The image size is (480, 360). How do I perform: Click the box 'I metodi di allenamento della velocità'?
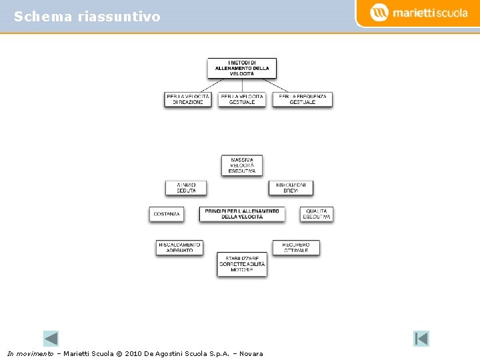(x=242, y=68)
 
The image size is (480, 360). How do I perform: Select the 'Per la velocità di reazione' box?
(x=187, y=99)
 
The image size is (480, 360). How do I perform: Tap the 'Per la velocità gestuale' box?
(x=242, y=99)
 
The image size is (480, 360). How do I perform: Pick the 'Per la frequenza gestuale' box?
(x=303, y=99)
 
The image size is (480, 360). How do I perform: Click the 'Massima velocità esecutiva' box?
(x=242, y=165)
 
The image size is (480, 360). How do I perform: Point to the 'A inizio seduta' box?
(x=186, y=188)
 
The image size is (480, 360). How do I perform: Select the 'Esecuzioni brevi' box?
(x=291, y=188)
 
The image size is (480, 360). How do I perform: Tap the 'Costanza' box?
(x=166, y=215)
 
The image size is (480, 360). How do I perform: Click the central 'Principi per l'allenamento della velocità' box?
(x=242, y=214)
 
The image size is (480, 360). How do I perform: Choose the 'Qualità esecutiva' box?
(x=316, y=214)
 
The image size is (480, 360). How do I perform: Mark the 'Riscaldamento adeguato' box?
(x=179, y=247)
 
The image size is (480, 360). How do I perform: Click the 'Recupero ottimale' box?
(x=296, y=247)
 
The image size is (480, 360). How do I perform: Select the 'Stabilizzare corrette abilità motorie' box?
(x=242, y=265)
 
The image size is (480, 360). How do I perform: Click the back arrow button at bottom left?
(x=51, y=338)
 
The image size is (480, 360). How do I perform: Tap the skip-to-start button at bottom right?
(x=421, y=338)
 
